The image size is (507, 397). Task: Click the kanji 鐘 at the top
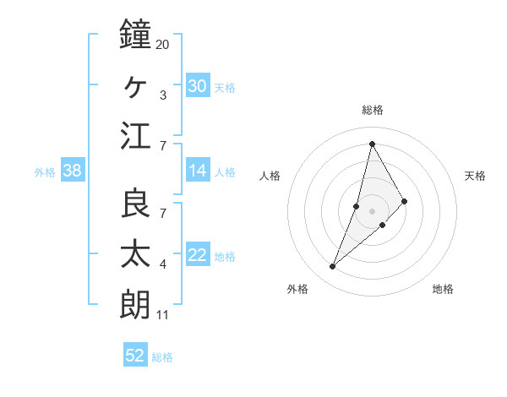point(135,35)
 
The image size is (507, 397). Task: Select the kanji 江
point(135,136)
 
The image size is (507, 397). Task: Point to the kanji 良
point(135,204)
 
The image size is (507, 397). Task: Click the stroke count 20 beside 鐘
point(162,44)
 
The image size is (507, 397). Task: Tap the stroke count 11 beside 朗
point(163,316)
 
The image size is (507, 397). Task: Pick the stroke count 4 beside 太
point(163,265)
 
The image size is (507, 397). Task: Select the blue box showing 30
point(198,85)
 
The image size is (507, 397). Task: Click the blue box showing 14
point(198,171)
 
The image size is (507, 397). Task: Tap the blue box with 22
point(198,255)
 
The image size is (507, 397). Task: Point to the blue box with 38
point(72,171)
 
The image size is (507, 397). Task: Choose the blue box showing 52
point(135,356)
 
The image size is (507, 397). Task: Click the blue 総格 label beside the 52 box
point(162,357)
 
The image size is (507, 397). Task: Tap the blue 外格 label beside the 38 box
point(45,172)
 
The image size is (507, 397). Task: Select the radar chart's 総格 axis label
point(372,110)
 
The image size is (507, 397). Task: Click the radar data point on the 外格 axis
point(332,267)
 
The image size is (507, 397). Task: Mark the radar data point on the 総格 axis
point(372,143)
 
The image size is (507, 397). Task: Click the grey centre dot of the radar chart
point(372,210)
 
